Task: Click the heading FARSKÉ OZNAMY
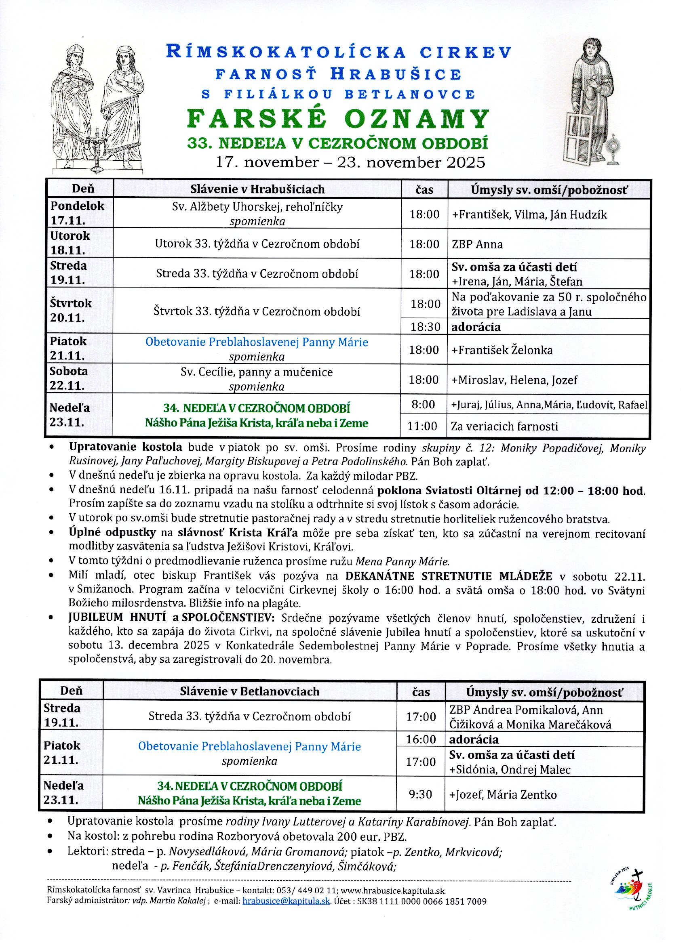click(x=338, y=119)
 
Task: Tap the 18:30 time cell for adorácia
click(x=425, y=327)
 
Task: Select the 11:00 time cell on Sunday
click(x=422, y=426)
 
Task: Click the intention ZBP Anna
click(x=477, y=244)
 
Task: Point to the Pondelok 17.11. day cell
click(x=78, y=213)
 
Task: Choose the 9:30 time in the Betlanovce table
click(x=420, y=794)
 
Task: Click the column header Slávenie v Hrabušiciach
click(x=257, y=189)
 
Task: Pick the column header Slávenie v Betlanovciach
click(x=249, y=692)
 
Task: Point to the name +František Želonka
click(x=502, y=350)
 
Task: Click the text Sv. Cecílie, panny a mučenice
click(x=256, y=372)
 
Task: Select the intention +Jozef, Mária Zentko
click(x=503, y=795)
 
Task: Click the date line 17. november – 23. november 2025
click(x=350, y=162)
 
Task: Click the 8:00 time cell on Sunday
click(x=423, y=405)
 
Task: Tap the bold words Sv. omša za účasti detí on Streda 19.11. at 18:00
click(x=514, y=267)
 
